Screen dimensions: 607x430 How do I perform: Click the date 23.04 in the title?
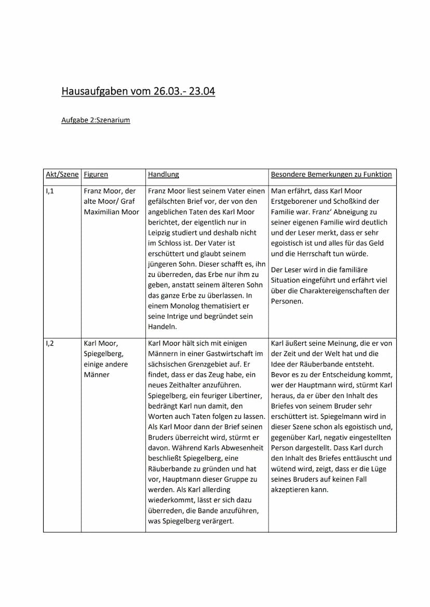pos(202,92)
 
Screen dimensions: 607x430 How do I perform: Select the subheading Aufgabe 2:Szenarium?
pos(96,120)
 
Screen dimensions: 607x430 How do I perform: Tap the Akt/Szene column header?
pos(62,175)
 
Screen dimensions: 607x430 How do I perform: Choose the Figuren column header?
pos(96,175)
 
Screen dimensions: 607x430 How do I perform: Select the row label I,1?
pos(50,191)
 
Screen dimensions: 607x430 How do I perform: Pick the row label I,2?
pos(50,343)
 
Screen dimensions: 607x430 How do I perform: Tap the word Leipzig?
pos(160,233)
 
